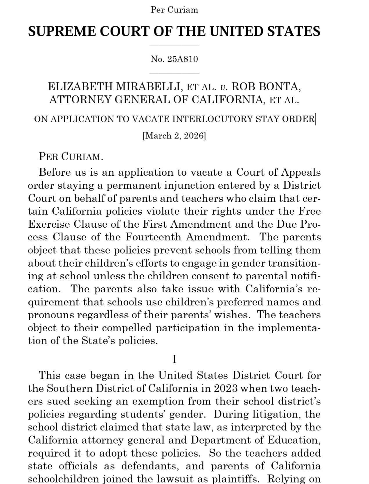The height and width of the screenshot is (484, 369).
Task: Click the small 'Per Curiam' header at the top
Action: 174,10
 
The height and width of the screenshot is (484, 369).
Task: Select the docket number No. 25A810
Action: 174,59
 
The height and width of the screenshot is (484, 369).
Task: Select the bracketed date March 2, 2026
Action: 174,136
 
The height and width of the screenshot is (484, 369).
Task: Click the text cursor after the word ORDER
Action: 315,119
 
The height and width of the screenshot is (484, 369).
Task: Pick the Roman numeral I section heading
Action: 174,359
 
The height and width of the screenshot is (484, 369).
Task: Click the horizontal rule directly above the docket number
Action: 174,46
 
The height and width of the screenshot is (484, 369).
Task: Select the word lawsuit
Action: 183,478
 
